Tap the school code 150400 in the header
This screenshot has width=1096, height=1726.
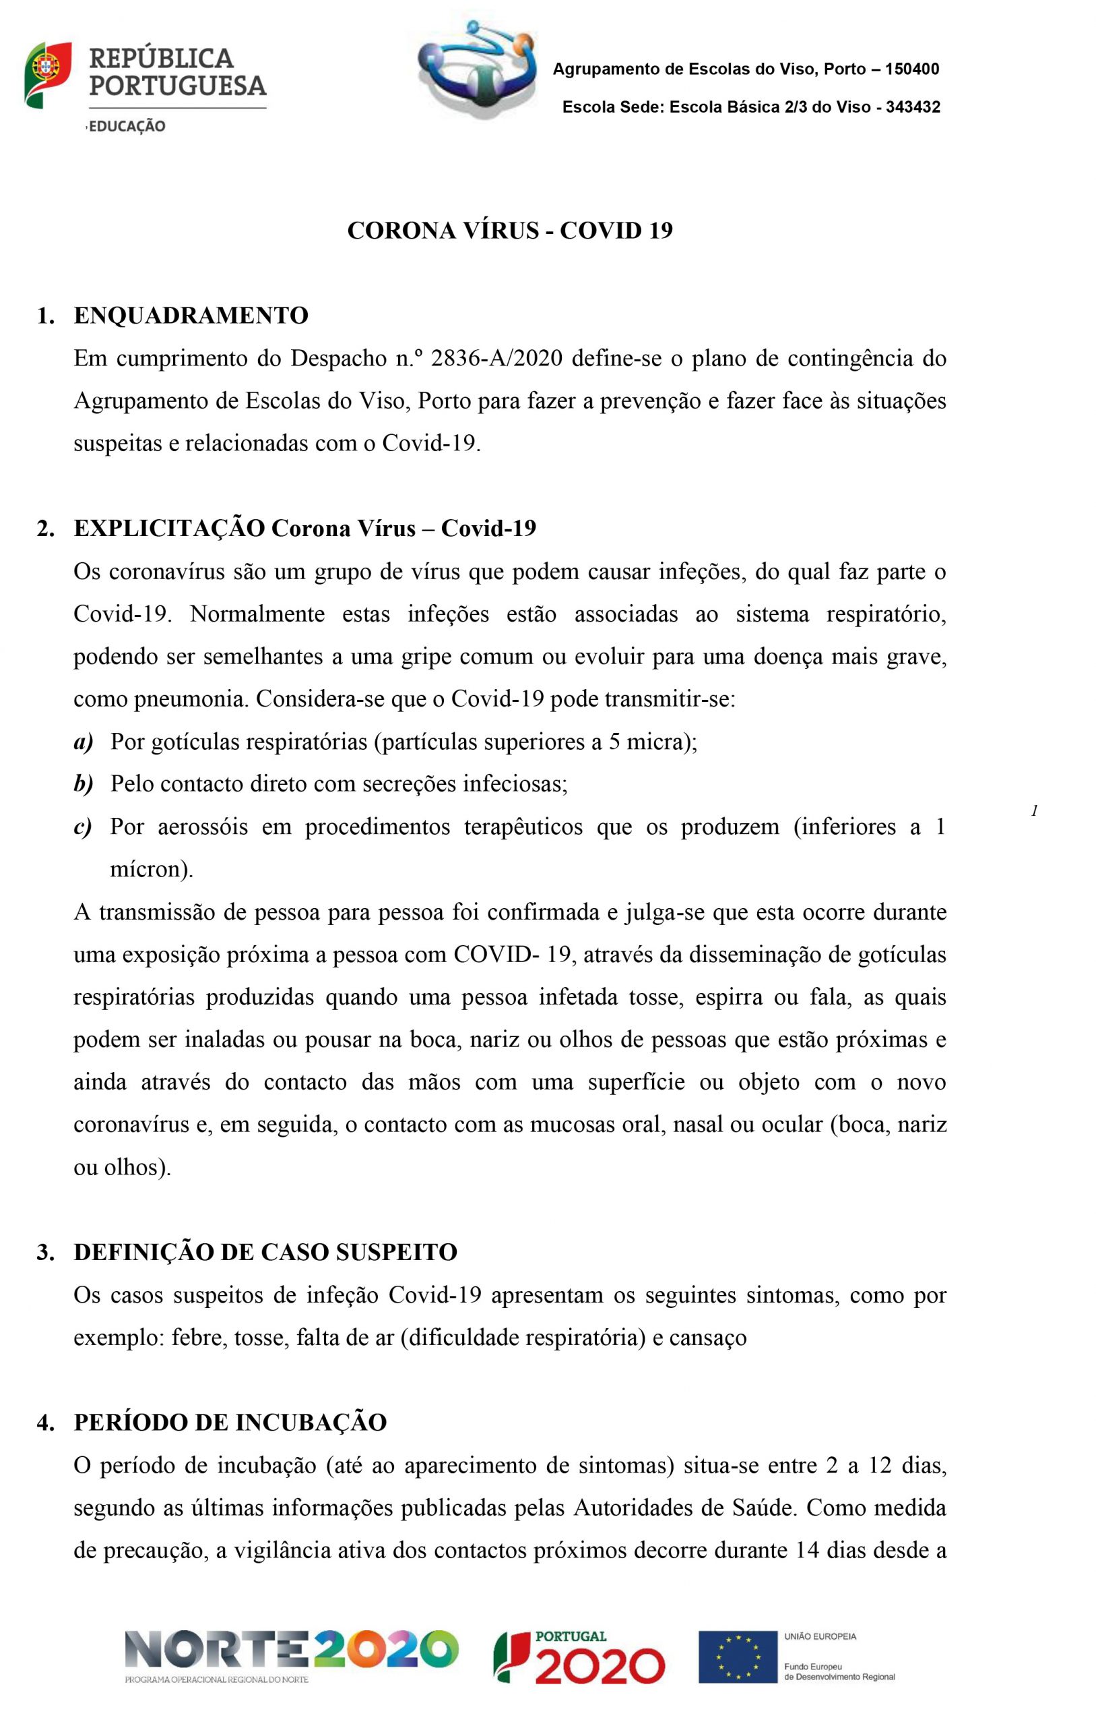[x=912, y=69]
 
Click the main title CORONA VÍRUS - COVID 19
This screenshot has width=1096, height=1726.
[x=510, y=231]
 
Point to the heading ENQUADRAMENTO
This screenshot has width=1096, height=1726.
[x=191, y=316]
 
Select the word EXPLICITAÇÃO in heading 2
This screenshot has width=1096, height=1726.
[x=169, y=529]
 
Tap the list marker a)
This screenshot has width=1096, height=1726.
[x=84, y=741]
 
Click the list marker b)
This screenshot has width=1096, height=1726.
[x=84, y=784]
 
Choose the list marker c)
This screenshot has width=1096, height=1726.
[x=83, y=827]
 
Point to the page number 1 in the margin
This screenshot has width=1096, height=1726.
[x=1033, y=811]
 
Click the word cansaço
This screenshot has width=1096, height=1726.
[x=708, y=1338]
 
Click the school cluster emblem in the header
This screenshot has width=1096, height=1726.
[x=476, y=69]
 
